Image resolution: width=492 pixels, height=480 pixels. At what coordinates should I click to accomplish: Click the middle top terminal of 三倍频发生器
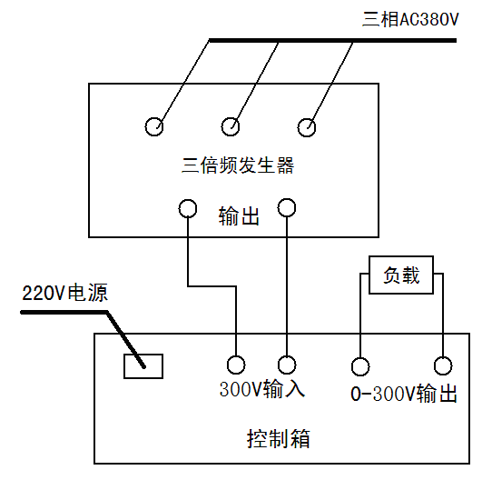[231, 125]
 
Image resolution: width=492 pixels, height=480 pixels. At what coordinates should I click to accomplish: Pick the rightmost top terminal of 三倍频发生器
[309, 125]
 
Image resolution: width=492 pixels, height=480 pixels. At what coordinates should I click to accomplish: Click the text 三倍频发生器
[238, 165]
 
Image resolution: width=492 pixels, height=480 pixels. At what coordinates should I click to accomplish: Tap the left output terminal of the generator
[187, 208]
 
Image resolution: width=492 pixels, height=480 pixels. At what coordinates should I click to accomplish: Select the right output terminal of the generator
[287, 208]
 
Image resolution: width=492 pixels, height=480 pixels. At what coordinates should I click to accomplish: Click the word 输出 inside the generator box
[239, 217]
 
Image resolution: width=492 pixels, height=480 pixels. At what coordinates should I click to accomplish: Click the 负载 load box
[401, 275]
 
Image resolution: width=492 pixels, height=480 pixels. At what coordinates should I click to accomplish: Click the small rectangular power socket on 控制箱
[143, 365]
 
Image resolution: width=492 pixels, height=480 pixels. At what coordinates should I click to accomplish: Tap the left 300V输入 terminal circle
[236, 365]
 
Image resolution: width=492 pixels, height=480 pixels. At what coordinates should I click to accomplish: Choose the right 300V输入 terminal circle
[287, 365]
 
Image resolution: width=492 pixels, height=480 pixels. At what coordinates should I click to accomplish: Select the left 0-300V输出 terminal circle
[360, 365]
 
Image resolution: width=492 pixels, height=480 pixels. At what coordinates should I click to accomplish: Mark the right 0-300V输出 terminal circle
[443, 365]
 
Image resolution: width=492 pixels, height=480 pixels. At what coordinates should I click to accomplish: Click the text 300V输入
[261, 390]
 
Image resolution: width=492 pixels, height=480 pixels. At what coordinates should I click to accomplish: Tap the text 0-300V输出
[403, 395]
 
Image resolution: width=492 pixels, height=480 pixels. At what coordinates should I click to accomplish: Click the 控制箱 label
[279, 439]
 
